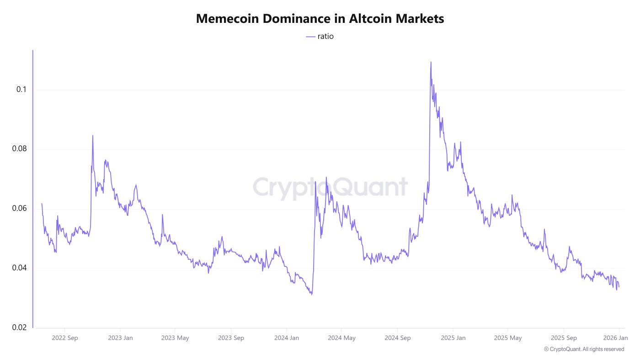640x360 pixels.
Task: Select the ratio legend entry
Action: pos(320,37)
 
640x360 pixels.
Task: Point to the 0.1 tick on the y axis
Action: pos(21,90)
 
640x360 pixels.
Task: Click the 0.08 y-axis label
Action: pos(19,149)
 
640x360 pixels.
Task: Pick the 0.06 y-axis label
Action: pos(19,209)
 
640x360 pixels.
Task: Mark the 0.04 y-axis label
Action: pos(19,268)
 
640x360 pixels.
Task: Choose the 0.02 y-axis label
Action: pos(19,328)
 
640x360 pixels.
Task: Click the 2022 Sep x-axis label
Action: pos(65,338)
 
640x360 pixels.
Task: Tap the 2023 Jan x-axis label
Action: pos(120,338)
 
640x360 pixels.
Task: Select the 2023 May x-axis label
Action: pos(175,338)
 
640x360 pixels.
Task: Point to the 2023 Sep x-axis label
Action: pos(231,338)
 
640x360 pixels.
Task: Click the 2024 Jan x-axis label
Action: pos(287,338)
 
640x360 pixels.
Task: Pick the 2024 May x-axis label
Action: pos(341,338)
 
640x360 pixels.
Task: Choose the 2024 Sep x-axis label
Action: pos(397,338)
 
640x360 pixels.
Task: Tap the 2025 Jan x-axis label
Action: pos(453,338)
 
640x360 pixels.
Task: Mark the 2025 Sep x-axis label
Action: pos(564,338)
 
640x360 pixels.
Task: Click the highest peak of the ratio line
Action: pos(431,62)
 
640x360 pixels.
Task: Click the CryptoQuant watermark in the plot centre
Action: pos(330,188)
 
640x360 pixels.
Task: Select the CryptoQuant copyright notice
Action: pos(584,349)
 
